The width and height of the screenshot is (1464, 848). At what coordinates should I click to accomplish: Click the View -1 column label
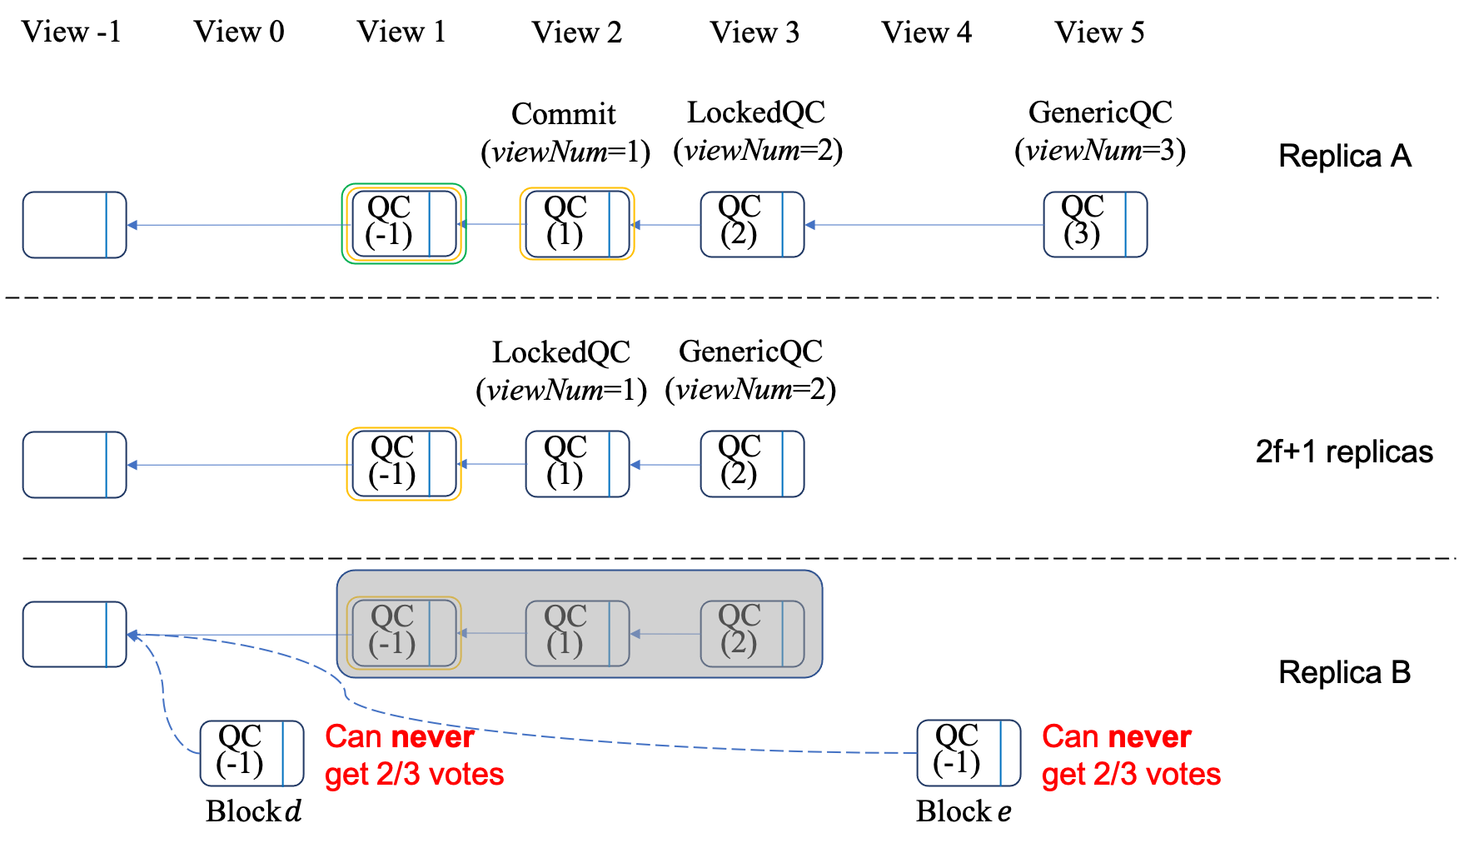coord(72,32)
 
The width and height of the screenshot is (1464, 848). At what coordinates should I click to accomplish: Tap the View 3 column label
coord(754,32)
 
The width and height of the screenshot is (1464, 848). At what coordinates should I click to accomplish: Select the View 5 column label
coord(1099,32)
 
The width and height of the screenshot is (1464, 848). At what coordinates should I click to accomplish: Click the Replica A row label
coord(1345,156)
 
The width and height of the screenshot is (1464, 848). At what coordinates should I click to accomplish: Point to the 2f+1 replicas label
coord(1344,451)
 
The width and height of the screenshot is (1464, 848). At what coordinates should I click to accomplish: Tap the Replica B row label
coord(1345,672)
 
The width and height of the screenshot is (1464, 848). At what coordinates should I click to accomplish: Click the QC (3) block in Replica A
coord(1095,224)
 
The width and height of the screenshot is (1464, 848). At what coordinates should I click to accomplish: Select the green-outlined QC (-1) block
coord(404,224)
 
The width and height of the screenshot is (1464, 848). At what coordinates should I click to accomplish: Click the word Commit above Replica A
coord(564,113)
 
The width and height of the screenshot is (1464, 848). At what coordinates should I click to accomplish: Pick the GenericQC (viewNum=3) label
coord(1100,131)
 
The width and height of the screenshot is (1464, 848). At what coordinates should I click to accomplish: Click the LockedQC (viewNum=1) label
coord(561,371)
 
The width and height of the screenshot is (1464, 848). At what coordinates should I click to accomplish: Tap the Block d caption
coord(253,811)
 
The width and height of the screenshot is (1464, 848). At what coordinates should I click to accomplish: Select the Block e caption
coord(964,811)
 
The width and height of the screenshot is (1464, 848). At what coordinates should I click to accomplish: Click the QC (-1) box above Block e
coord(969,753)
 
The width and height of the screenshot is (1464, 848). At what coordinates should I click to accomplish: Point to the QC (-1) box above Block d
coord(251,753)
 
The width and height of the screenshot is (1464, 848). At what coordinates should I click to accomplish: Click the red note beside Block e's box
coord(1131,756)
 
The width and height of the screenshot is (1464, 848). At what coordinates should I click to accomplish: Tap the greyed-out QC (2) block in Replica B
coord(752,634)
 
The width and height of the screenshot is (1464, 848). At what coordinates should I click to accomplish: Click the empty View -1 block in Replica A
coord(74,225)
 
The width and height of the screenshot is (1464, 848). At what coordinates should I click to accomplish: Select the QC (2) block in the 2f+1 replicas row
coord(752,464)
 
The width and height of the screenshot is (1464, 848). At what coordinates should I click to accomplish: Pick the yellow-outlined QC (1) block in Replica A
coord(577,224)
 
